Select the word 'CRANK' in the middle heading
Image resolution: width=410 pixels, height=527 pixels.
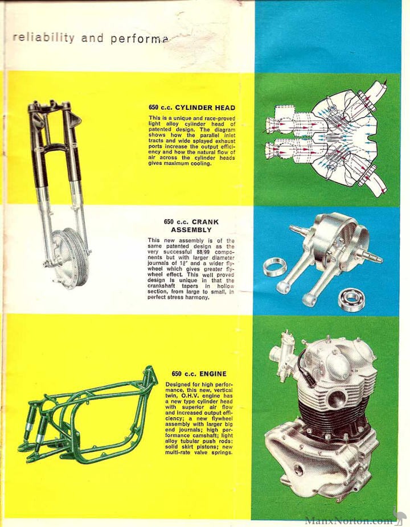[205, 221]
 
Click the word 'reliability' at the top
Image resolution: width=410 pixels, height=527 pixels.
[43, 38]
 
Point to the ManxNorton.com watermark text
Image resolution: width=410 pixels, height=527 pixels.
[349, 520]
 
